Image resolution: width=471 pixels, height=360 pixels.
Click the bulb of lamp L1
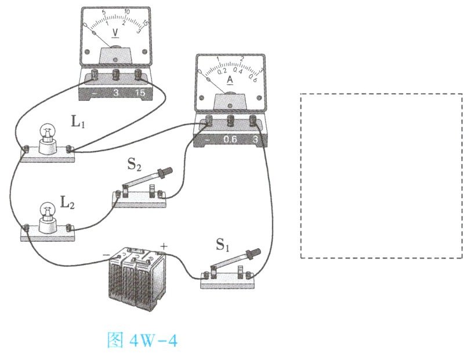46,132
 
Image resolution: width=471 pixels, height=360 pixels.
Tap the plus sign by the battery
163,246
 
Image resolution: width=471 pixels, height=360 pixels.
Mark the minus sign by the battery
106,254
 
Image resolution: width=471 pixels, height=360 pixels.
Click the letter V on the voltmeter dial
115,33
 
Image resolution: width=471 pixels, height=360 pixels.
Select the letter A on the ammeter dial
230,80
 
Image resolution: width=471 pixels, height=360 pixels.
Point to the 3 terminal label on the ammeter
255,140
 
